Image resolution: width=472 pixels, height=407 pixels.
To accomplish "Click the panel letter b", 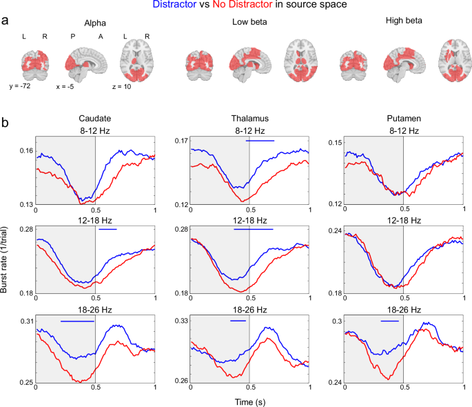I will pos(6,124).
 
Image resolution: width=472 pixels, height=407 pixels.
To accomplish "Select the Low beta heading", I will pos(249,23).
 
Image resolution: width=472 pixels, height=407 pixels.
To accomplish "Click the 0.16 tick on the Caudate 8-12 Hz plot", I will pos(25,150).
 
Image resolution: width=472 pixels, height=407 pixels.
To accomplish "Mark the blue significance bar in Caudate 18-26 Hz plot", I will pos(76,321).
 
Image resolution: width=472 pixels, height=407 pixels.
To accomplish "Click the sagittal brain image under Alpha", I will pos(86,60).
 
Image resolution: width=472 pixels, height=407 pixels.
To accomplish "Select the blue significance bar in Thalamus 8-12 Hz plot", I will pos(260,141).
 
